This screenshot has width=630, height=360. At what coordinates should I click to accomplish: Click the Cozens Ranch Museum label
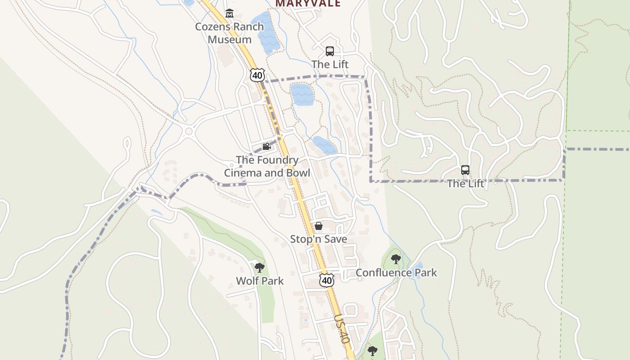click(x=229, y=33)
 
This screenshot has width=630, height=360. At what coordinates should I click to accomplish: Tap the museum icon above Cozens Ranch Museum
click(x=229, y=13)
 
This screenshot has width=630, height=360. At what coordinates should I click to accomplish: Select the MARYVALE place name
click(x=308, y=4)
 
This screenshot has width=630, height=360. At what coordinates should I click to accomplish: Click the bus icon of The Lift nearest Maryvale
click(x=330, y=51)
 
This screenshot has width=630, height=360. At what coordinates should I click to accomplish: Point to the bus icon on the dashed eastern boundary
click(x=465, y=170)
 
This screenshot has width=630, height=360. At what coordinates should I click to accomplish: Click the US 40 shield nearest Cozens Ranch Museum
click(x=257, y=75)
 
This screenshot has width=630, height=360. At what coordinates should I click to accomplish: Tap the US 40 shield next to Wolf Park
click(x=327, y=280)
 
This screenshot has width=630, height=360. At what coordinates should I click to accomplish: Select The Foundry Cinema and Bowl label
click(x=267, y=166)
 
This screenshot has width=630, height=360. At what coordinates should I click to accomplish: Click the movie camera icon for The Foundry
click(x=266, y=146)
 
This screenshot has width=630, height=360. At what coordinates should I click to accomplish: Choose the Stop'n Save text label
click(x=319, y=239)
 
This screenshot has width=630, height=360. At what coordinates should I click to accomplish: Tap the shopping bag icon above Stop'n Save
click(x=319, y=226)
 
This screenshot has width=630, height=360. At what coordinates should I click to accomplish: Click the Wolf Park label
click(x=260, y=281)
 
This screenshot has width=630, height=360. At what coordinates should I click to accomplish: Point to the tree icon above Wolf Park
click(x=260, y=268)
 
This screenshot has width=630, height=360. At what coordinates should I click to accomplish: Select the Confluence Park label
click(x=396, y=273)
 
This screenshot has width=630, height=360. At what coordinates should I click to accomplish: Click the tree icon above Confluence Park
click(x=396, y=259)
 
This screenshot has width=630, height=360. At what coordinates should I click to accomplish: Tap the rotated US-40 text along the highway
click(x=342, y=329)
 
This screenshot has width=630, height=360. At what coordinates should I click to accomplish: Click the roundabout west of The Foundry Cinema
click(x=189, y=132)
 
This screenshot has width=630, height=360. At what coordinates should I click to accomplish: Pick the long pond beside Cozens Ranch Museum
click(x=265, y=32)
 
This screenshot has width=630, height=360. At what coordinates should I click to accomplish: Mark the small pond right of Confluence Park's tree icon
click(x=418, y=269)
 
